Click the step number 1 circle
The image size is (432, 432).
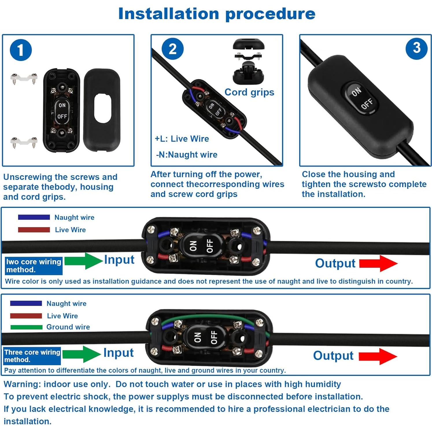[21, 50]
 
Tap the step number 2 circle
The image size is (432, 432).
[172, 49]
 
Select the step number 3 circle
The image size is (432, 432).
[416, 48]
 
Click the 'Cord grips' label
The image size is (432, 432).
[249, 92]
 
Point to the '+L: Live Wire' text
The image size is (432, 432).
[182, 139]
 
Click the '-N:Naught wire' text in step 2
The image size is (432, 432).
[187, 155]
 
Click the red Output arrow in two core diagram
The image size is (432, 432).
[378, 263]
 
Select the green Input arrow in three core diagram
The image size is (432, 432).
[82, 354]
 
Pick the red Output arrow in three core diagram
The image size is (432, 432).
[378, 356]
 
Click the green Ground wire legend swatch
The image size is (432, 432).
[26, 327]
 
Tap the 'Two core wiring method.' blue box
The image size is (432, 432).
[34, 266]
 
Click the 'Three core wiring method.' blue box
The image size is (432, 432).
[32, 356]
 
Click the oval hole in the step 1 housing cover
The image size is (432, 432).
[102, 108]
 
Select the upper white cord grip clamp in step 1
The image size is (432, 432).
[24, 78]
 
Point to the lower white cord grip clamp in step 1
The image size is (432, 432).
[24, 142]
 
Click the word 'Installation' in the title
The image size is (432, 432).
[169, 14]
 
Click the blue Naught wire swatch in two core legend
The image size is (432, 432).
[34, 217]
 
